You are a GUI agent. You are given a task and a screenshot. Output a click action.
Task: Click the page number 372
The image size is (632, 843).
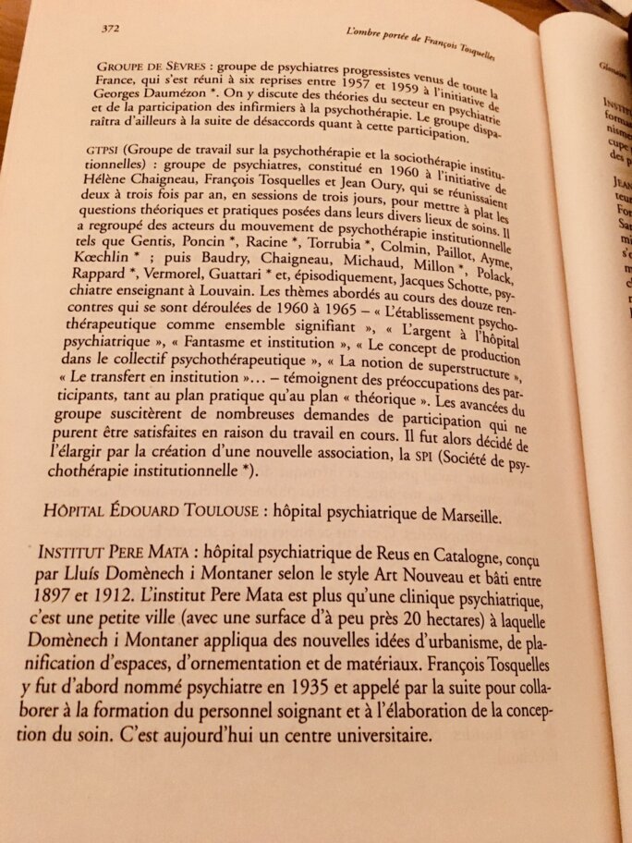pyautogui.click(x=113, y=28)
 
